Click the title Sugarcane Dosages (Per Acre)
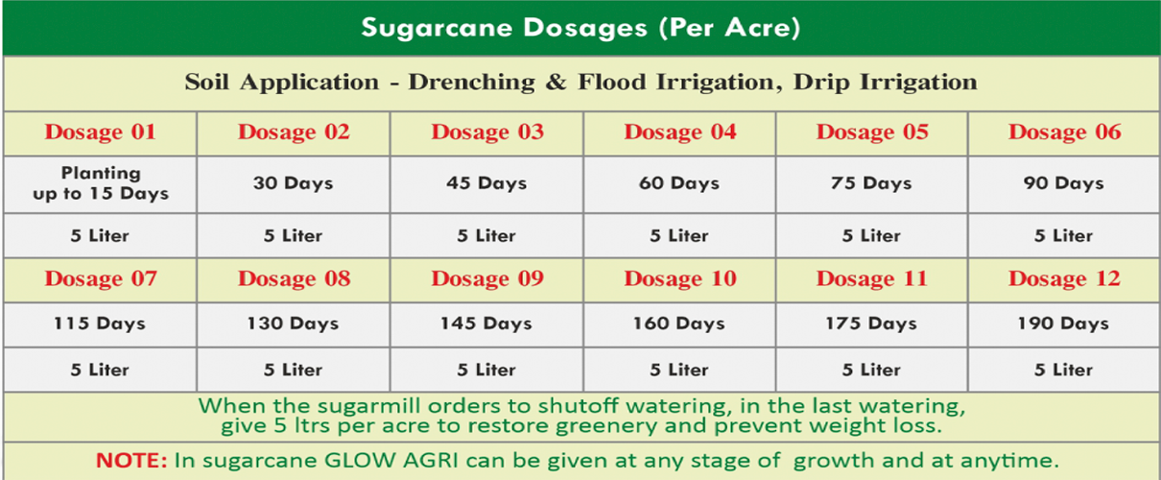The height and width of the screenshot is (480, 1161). pyautogui.click(x=581, y=28)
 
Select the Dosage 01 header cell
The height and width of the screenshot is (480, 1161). pyautogui.click(x=100, y=132)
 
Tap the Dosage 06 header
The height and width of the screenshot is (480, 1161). pyautogui.click(x=1065, y=132)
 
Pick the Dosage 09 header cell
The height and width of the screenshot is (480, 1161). pyautogui.click(x=487, y=278)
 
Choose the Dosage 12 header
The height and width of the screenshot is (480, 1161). pyautogui.click(x=1065, y=278)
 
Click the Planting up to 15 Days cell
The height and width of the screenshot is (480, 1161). pyautogui.click(x=101, y=183)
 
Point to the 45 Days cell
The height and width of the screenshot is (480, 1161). pyautogui.click(x=486, y=183)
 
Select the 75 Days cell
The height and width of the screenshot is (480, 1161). pyautogui.click(x=871, y=183)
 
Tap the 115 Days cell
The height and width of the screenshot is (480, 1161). pyautogui.click(x=100, y=324)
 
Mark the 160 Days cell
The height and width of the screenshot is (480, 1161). pyautogui.click(x=679, y=324)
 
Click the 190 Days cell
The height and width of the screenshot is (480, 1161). pyautogui.click(x=1063, y=324)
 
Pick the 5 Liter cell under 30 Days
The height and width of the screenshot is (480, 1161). pyautogui.click(x=293, y=236)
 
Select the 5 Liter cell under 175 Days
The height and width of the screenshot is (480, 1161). pyautogui.click(x=871, y=371)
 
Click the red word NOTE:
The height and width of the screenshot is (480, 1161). pyautogui.click(x=131, y=460)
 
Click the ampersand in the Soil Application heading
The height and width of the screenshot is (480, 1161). pyautogui.click(x=556, y=83)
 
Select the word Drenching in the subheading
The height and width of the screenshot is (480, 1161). pyautogui.click(x=472, y=83)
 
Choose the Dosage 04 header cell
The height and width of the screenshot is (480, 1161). pyautogui.click(x=680, y=132)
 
